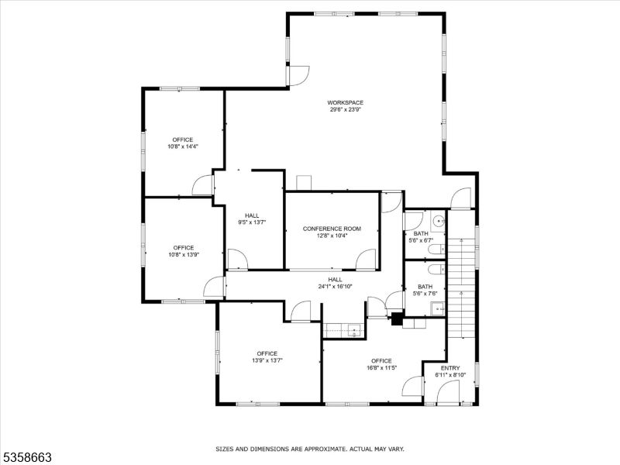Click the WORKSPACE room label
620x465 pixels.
pos(345,102)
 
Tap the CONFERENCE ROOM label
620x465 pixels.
pos(332,229)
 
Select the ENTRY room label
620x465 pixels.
pos(450,368)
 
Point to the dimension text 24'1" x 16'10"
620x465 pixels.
pos(335,286)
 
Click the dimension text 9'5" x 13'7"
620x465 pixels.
pos(252,222)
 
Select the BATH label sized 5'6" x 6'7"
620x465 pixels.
pos(421,234)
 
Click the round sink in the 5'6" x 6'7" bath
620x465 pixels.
pos(439,221)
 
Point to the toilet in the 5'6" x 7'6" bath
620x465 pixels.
pos(436,270)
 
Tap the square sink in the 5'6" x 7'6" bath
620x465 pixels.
pos(439,309)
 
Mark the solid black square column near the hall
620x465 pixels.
pos(397,318)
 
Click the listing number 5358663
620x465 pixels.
pos(28,457)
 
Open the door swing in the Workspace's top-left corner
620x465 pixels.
pos(297,75)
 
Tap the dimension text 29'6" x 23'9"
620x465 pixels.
pos(345,110)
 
